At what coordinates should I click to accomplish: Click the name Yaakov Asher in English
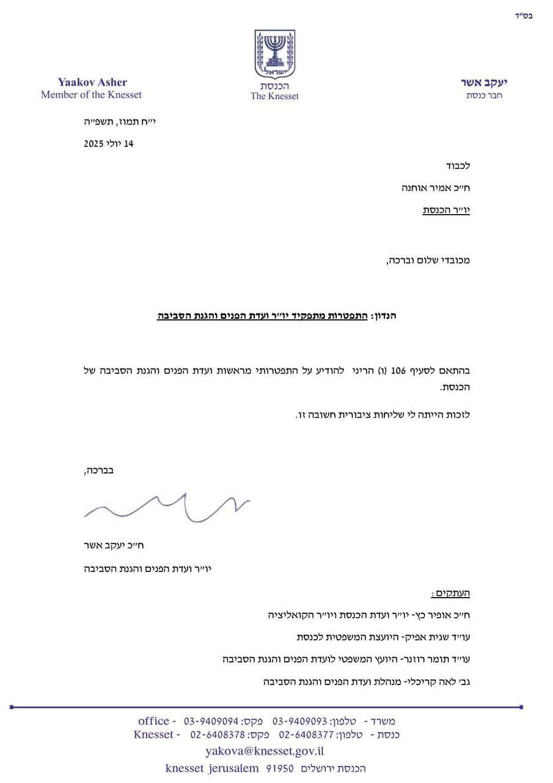click(92, 83)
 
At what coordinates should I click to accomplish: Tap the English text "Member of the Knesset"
click(91, 95)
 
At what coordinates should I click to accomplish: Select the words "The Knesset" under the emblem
click(274, 96)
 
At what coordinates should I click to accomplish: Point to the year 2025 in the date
click(95, 144)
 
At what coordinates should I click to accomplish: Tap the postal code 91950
click(280, 768)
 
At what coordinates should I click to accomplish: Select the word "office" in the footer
click(153, 721)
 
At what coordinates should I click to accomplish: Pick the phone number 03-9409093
click(299, 722)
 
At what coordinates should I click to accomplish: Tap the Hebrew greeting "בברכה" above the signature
click(98, 471)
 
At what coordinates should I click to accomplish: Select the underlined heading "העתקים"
click(451, 593)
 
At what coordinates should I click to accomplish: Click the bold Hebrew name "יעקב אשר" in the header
click(483, 83)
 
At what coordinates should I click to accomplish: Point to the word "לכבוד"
click(456, 166)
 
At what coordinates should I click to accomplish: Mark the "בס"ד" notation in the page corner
click(524, 16)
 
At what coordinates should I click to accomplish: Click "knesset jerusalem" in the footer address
click(211, 768)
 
